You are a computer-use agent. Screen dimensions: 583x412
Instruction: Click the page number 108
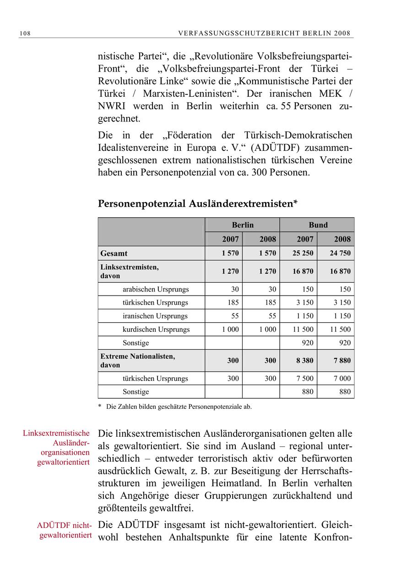(25, 33)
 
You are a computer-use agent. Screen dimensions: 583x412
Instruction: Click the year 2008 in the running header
(342, 33)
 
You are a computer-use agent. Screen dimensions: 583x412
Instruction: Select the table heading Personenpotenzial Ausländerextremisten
(198, 204)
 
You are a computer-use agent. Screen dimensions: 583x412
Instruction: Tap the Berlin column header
(242, 225)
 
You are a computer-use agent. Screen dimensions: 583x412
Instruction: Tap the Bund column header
(318, 225)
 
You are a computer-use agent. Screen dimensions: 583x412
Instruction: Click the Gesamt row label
(114, 253)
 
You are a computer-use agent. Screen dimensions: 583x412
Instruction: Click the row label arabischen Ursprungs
(155, 289)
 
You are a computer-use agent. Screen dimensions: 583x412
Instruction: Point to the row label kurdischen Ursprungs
(156, 329)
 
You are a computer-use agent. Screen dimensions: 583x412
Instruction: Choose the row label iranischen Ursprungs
(155, 316)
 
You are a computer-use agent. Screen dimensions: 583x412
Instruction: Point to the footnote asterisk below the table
(100, 407)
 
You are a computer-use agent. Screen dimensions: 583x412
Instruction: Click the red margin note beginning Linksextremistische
(56, 447)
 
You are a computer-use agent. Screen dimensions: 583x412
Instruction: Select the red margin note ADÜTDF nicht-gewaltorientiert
(64, 530)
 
